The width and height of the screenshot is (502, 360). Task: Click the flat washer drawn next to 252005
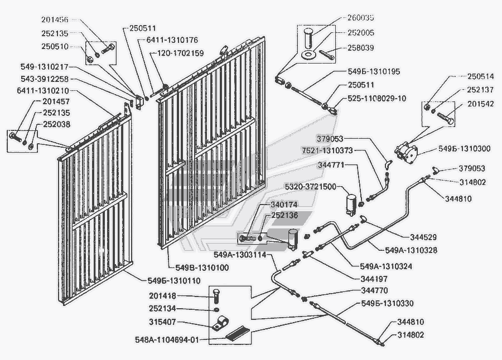307,55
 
